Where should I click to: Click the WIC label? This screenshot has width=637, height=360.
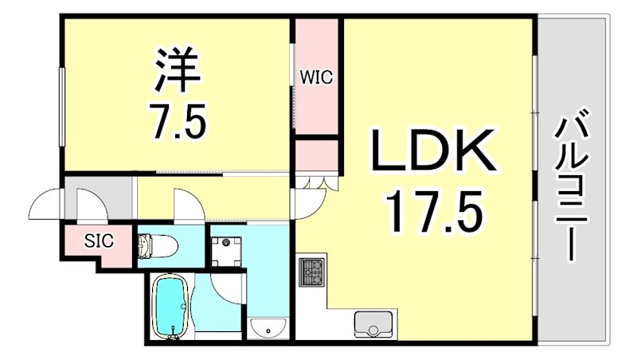coord(316,77)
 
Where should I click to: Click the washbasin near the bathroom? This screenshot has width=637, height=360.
coord(269,327)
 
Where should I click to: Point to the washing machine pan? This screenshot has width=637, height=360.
coord(232,245)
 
